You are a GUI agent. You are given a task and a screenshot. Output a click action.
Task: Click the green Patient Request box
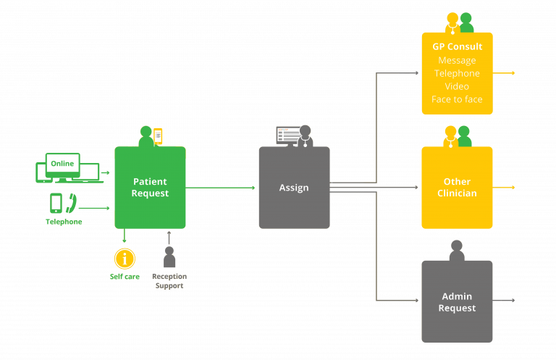(x=150, y=188)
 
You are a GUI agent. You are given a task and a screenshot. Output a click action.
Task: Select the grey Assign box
(x=294, y=188)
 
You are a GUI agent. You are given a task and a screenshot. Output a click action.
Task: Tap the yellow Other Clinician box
(x=457, y=188)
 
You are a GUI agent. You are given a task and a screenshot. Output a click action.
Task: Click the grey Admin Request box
(x=457, y=301)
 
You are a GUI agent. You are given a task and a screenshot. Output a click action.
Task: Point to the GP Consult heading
(x=457, y=47)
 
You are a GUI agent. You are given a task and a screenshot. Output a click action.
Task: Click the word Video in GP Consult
(x=457, y=86)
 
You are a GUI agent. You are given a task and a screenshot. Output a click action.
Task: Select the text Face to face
(x=457, y=99)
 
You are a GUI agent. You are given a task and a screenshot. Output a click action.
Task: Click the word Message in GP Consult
(x=457, y=60)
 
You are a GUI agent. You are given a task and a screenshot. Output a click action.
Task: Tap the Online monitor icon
(x=62, y=165)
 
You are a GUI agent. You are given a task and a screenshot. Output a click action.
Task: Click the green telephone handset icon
(x=71, y=204)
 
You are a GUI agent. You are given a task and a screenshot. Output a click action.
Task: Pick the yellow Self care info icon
(x=125, y=259)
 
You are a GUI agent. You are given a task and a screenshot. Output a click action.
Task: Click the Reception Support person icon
(x=169, y=258)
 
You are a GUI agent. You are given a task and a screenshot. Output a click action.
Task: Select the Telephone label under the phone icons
(x=64, y=222)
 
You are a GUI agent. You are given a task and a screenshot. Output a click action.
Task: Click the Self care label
(x=125, y=277)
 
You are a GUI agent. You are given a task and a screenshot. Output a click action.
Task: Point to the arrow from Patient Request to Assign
(x=221, y=188)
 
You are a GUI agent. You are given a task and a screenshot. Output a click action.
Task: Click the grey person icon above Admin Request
(x=457, y=251)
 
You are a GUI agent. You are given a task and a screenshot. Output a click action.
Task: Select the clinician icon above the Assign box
(x=305, y=135)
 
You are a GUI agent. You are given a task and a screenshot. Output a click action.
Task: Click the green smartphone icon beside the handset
(x=56, y=204)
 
